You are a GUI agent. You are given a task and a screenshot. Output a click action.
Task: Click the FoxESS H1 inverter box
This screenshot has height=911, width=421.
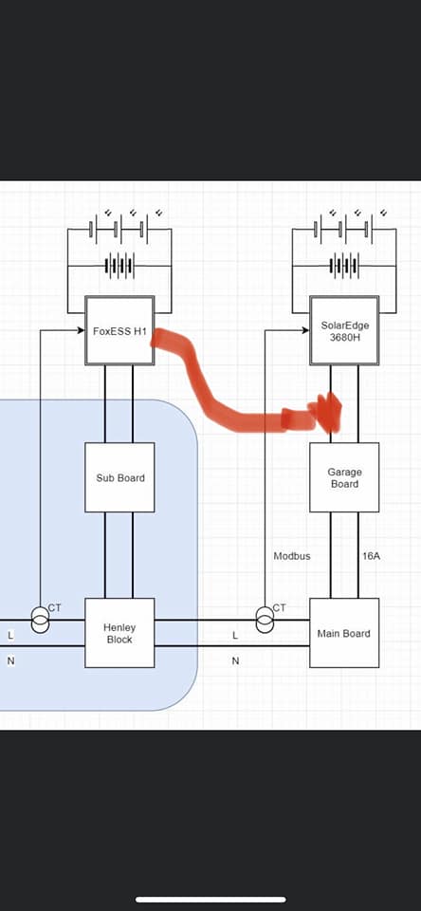tap(119, 330)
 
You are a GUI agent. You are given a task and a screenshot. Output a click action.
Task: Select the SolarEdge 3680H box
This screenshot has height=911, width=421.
tap(344, 330)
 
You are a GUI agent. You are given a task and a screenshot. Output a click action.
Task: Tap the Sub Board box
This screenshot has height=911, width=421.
tap(119, 477)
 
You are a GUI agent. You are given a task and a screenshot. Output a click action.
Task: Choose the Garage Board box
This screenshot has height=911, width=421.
tap(344, 477)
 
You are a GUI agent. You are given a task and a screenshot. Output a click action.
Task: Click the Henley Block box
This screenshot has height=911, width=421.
tap(119, 633)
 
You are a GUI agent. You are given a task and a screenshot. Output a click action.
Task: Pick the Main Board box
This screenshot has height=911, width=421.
tap(344, 633)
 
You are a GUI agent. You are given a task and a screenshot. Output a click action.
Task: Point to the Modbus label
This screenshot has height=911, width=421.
tap(292, 556)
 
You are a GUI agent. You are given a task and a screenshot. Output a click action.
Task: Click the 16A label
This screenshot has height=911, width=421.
tap(371, 556)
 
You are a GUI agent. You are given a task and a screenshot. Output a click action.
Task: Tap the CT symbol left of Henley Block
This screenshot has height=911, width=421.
tap(40, 620)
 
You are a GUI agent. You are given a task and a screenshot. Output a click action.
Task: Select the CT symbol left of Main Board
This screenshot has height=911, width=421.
tap(265, 620)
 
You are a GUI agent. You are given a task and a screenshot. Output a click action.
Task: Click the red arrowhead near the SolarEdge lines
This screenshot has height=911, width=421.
tap(328, 412)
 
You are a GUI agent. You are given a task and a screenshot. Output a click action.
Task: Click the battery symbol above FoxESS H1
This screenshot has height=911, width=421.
tap(119, 267)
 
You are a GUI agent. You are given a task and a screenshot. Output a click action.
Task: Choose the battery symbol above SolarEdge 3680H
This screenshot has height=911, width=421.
tap(344, 267)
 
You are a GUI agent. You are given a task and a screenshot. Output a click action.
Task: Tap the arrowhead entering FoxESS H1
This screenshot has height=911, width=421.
tap(82, 330)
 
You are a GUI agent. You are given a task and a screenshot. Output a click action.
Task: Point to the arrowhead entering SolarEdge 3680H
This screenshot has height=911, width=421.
tap(306, 330)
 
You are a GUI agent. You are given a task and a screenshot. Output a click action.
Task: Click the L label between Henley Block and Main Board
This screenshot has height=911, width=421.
tap(235, 636)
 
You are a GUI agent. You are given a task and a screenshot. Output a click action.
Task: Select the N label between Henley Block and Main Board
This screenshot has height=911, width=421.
tap(235, 660)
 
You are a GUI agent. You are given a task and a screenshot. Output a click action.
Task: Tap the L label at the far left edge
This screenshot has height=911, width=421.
tap(10, 636)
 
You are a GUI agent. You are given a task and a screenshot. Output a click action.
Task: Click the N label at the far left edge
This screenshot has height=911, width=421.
tap(10, 660)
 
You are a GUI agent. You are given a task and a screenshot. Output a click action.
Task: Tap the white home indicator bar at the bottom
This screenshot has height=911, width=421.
tap(210, 900)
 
